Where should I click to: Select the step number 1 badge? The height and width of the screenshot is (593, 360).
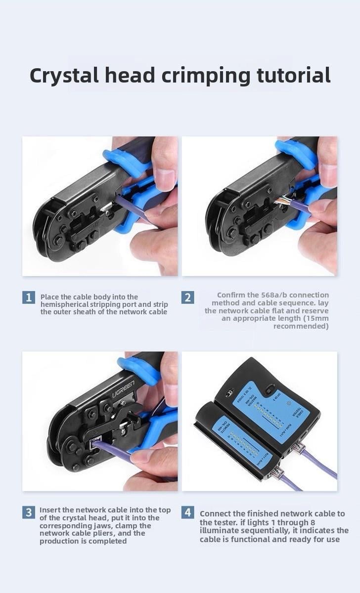pos(29,297)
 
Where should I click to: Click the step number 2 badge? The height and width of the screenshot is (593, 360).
pos(187,297)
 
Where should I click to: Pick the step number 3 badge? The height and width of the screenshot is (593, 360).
pos(29,512)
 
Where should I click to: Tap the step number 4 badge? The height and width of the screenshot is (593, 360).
pos(187,512)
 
